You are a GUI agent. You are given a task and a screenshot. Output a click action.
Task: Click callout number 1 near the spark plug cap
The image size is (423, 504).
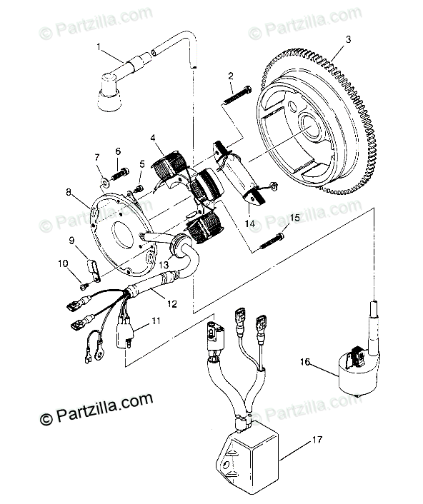coord(99,47)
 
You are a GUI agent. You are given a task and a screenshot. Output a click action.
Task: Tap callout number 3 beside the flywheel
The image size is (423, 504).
coord(349,39)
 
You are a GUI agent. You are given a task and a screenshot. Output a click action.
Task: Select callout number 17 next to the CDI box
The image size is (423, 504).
coord(317,439)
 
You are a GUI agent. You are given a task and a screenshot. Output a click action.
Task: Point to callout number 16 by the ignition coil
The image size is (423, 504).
coord(305,362)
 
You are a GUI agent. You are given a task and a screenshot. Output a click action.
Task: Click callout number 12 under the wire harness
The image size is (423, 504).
coord(172,303)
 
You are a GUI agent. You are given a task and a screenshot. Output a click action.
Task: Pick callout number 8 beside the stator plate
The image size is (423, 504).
coord(69,192)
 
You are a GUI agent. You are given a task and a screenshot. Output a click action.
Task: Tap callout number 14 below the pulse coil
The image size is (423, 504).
coord(250,223)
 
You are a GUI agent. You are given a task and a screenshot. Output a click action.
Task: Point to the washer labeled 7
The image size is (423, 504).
coord(104,183)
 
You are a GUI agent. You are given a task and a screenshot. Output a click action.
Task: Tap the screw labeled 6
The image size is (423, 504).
coord(120,173)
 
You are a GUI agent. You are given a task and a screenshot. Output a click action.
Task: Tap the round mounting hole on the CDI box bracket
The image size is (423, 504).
coord(227,465)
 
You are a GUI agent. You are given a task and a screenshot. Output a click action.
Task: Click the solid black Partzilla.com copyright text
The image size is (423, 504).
coord(96,408)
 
